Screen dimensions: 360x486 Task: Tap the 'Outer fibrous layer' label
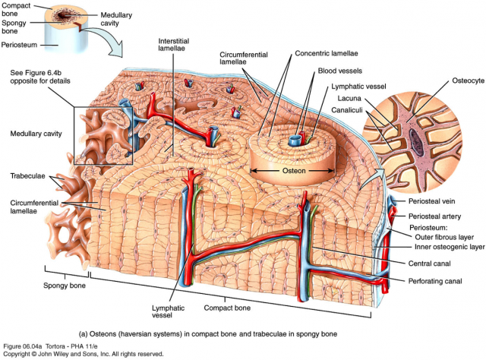click(444, 236)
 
